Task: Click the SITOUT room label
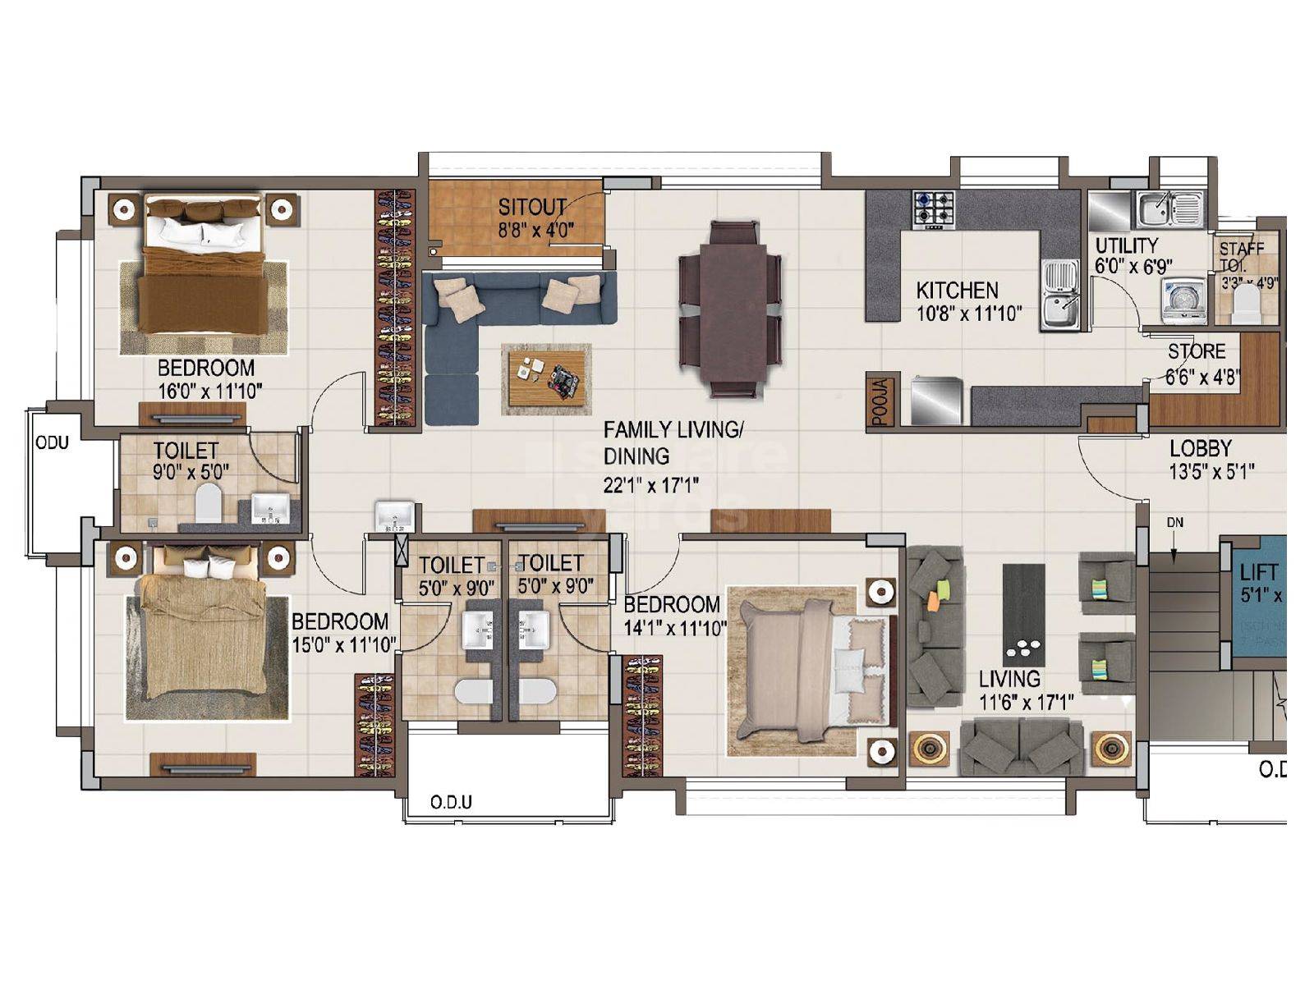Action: click(x=532, y=206)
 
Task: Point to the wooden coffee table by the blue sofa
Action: click(x=546, y=378)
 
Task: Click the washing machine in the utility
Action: click(x=1182, y=300)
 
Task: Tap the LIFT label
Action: click(x=1258, y=572)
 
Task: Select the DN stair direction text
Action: click(x=1174, y=522)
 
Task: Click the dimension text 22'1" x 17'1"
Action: click(x=650, y=486)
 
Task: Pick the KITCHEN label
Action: click(x=957, y=290)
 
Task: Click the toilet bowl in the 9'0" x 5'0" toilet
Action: click(x=208, y=502)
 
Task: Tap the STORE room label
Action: click(x=1197, y=351)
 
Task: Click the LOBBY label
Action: click(x=1201, y=448)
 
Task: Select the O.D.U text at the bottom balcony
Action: click(x=451, y=802)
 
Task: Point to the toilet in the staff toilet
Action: click(x=1246, y=304)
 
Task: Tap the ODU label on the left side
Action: click(x=52, y=442)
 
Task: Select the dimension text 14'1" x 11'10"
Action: click(x=675, y=630)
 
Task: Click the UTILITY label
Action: click(x=1126, y=245)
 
